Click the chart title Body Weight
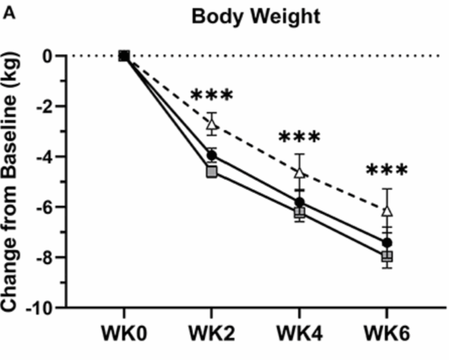256,16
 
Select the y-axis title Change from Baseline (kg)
13,182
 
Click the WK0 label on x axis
124,334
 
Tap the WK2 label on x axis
212,334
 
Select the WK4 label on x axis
299,334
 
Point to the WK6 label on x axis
387,334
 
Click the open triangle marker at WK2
212,123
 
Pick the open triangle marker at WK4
299,172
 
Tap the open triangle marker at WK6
387,210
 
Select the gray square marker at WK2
212,172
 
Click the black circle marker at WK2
212,156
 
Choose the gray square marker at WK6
387,256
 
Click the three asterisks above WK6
387,170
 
